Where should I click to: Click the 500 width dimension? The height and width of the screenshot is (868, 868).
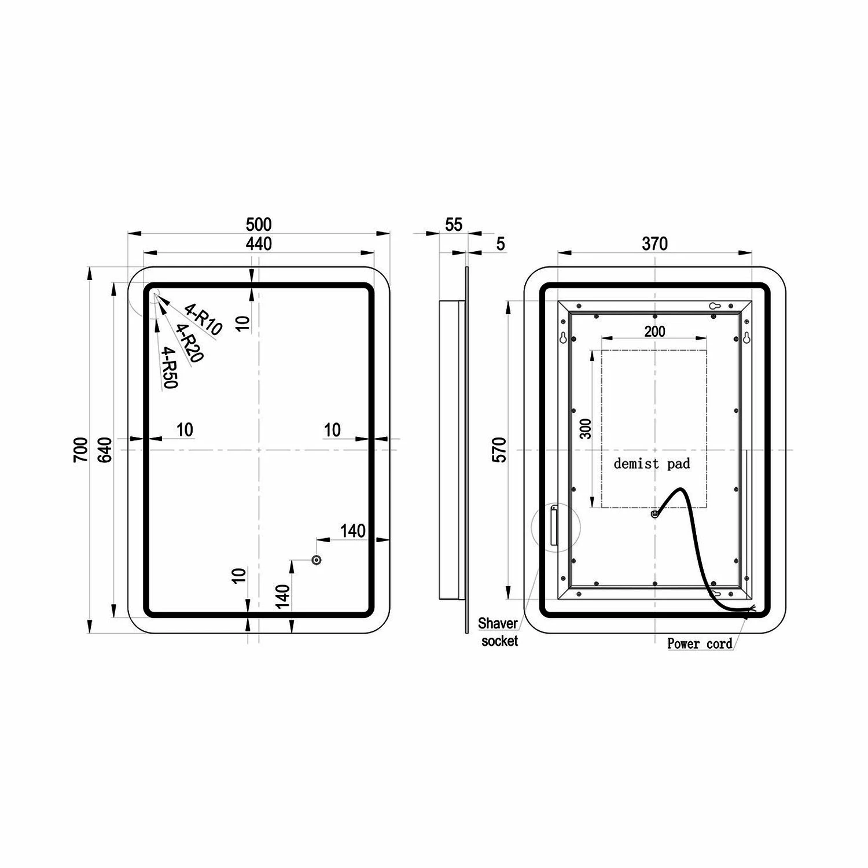click(258, 224)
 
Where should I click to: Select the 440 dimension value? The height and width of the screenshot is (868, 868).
click(258, 244)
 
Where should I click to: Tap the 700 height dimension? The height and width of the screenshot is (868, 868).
click(81, 449)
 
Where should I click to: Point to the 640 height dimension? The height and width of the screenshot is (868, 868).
click(105, 450)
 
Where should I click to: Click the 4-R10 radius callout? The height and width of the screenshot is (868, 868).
click(203, 319)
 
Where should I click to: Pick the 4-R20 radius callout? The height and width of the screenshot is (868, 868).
click(188, 343)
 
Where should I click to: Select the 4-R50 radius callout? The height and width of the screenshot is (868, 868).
click(170, 367)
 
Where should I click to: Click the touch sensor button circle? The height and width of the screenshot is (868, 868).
click(316, 560)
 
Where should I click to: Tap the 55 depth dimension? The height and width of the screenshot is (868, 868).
click(454, 224)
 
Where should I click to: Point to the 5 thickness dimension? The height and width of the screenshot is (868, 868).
click(501, 244)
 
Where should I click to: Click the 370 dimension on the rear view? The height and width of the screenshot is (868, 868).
click(654, 244)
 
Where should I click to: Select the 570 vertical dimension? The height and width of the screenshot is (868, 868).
click(499, 450)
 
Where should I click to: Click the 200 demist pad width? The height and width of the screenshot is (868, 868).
click(654, 332)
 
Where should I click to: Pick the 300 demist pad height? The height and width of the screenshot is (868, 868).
click(586, 428)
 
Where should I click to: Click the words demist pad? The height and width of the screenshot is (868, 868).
click(652, 464)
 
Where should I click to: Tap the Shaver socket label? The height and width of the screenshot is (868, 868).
click(498, 632)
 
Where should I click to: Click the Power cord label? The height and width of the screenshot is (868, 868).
click(700, 643)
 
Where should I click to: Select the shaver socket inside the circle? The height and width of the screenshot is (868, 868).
click(554, 525)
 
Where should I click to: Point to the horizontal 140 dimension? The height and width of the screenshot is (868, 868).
click(352, 531)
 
